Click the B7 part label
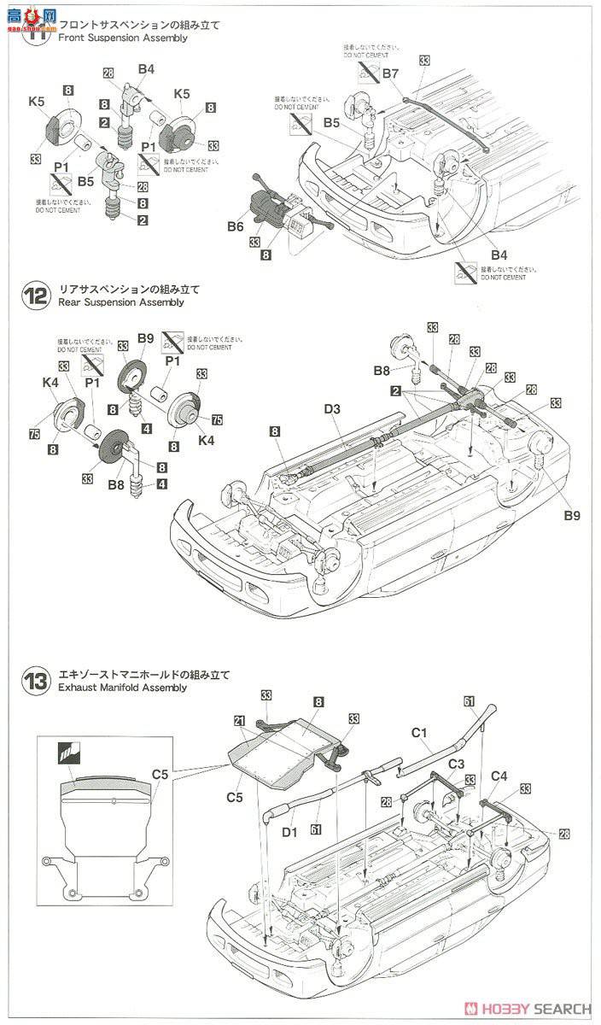pyautogui.click(x=390, y=73)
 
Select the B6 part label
pyautogui.click(x=236, y=225)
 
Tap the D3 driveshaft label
pyautogui.click(x=331, y=410)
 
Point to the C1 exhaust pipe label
pyautogui.click(x=419, y=732)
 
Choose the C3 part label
pyautogui.click(x=457, y=763)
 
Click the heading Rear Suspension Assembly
pyautogui.click(x=120, y=302)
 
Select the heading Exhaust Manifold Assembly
pyautogui.click(x=122, y=688)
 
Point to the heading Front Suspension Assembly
pyautogui.click(x=122, y=38)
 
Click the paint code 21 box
pyautogui.click(x=239, y=722)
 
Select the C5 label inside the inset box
pyautogui.click(x=160, y=775)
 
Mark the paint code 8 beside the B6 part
pyautogui.click(x=267, y=254)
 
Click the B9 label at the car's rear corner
pyautogui.click(x=570, y=516)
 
